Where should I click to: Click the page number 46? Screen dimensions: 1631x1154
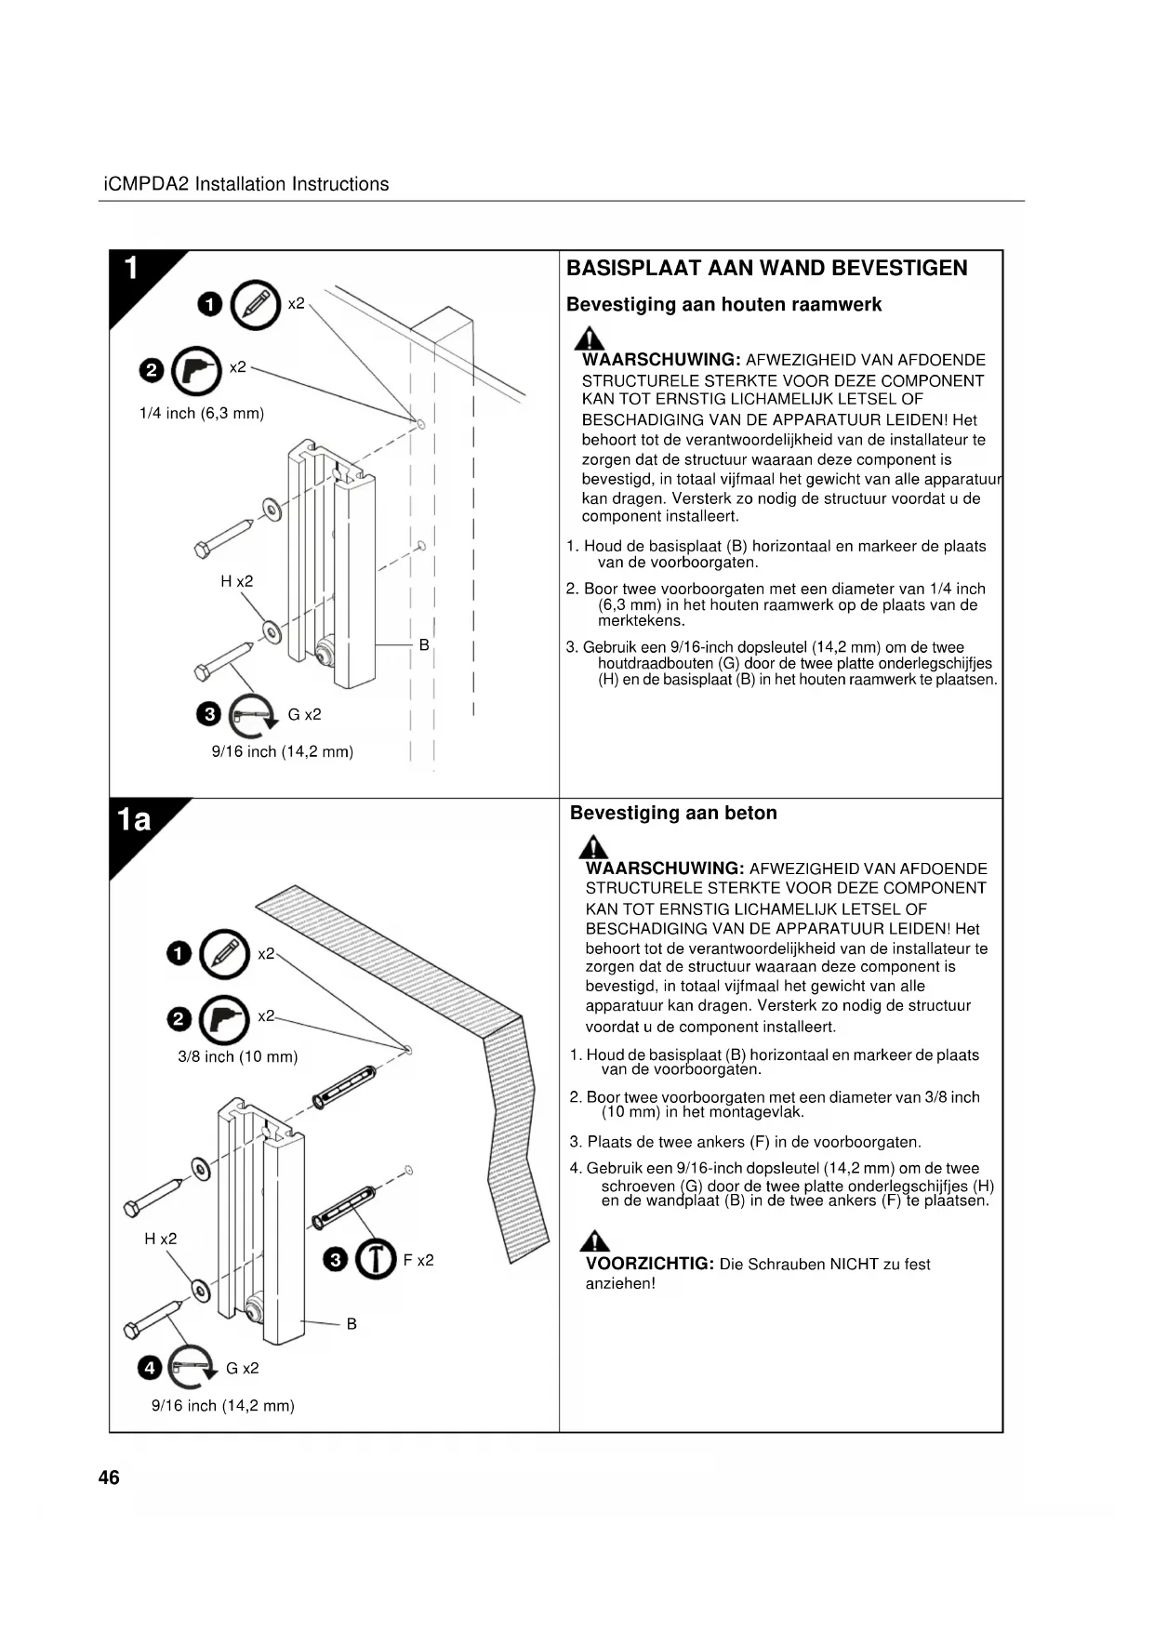109,1478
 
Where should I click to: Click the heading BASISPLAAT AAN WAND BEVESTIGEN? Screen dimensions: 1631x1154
766,269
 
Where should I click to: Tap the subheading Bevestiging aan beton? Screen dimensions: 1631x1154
673,813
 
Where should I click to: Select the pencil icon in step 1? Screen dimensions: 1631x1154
255,305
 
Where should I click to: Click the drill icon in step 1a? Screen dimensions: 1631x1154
224,1019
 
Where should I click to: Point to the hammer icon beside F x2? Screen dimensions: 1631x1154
375,1260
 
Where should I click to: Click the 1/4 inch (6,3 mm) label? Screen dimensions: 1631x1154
202,414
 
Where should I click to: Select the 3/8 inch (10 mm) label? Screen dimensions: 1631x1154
238,1057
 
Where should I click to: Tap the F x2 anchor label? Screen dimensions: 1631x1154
418,1261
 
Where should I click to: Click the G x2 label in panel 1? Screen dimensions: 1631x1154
304,714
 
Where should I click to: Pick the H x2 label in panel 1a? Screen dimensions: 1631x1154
160,1239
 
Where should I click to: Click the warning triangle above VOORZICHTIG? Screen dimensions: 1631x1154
595,1241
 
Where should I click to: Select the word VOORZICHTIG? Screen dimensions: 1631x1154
649,1264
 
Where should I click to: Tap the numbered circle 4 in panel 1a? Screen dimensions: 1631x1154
150,1368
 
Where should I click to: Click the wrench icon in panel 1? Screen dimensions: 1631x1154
253,714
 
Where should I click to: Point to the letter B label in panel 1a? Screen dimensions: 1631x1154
352,1323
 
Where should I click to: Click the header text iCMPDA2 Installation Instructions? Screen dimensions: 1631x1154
245,184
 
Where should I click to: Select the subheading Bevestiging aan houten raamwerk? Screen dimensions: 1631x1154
723,305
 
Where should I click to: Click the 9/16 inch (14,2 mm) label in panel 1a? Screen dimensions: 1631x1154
223,1406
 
